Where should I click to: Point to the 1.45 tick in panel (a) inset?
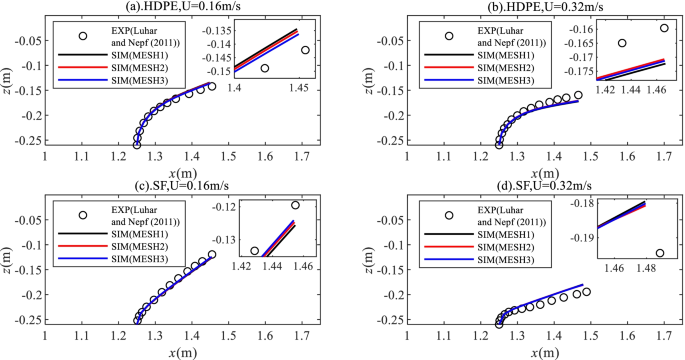298,89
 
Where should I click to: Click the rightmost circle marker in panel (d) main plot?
586,292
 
